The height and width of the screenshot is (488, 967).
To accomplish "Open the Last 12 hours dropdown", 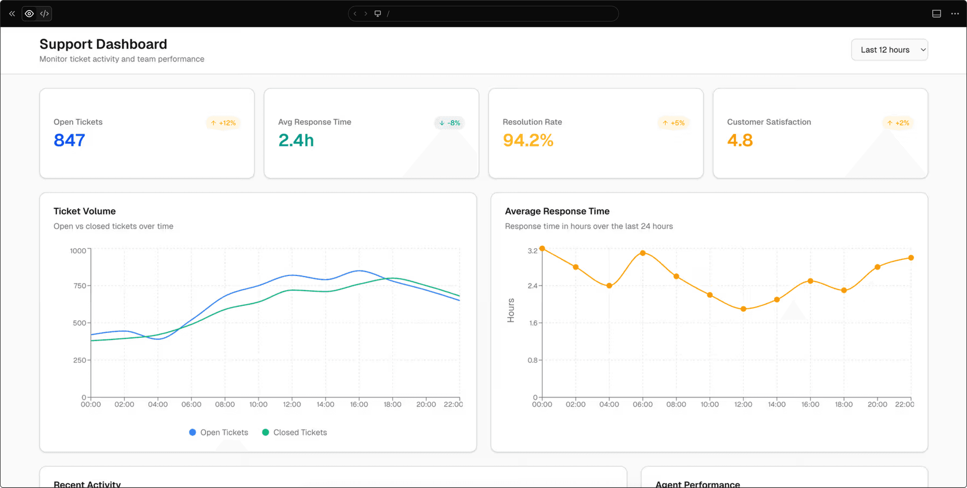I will (x=889, y=50).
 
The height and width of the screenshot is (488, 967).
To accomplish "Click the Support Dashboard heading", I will (x=103, y=44).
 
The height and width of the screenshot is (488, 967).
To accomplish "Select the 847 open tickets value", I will (x=70, y=140).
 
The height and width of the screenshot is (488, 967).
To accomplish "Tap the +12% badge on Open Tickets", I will (x=223, y=123).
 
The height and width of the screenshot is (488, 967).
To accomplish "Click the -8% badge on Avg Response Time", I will (x=449, y=123).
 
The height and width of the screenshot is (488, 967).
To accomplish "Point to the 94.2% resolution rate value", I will (x=528, y=140).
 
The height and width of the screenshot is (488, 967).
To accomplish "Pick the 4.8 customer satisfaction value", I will (x=740, y=140).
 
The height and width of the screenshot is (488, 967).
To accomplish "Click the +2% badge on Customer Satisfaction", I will (x=899, y=123).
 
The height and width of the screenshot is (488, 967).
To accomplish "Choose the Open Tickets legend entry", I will (x=219, y=432).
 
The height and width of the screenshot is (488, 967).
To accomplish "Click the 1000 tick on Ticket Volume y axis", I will (x=78, y=251).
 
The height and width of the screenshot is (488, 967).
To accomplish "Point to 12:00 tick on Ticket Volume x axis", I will (x=292, y=404).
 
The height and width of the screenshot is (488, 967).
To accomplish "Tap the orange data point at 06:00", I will (x=643, y=253).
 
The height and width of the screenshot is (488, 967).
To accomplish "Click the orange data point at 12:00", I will (x=743, y=309).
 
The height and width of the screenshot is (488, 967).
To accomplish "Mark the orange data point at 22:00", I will (x=911, y=258).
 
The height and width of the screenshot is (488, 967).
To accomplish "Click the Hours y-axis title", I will (x=511, y=310).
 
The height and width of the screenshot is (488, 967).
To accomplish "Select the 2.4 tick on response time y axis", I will (x=532, y=286).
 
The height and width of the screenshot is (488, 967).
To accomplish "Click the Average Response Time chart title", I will (x=557, y=211).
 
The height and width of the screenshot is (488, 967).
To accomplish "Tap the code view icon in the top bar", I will (x=44, y=14).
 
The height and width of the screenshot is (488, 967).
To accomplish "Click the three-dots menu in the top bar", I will (x=955, y=14).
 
